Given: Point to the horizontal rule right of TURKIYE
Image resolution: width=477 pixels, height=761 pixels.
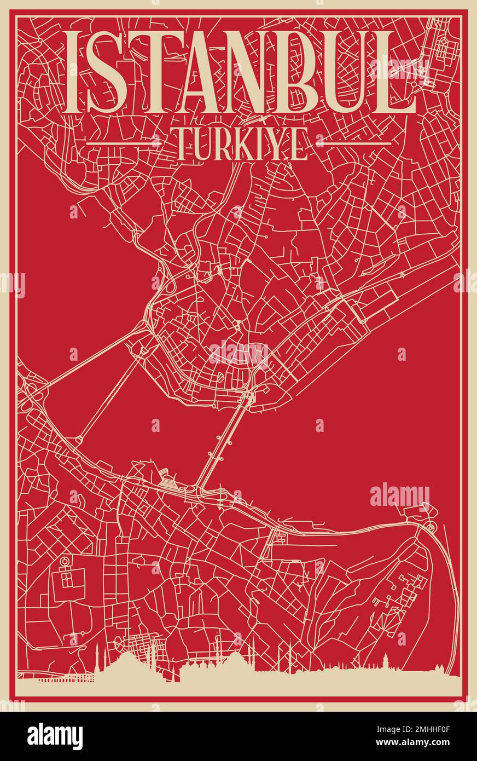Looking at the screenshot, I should click(354, 143).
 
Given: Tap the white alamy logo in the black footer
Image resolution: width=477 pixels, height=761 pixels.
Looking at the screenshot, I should click(55, 736).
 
